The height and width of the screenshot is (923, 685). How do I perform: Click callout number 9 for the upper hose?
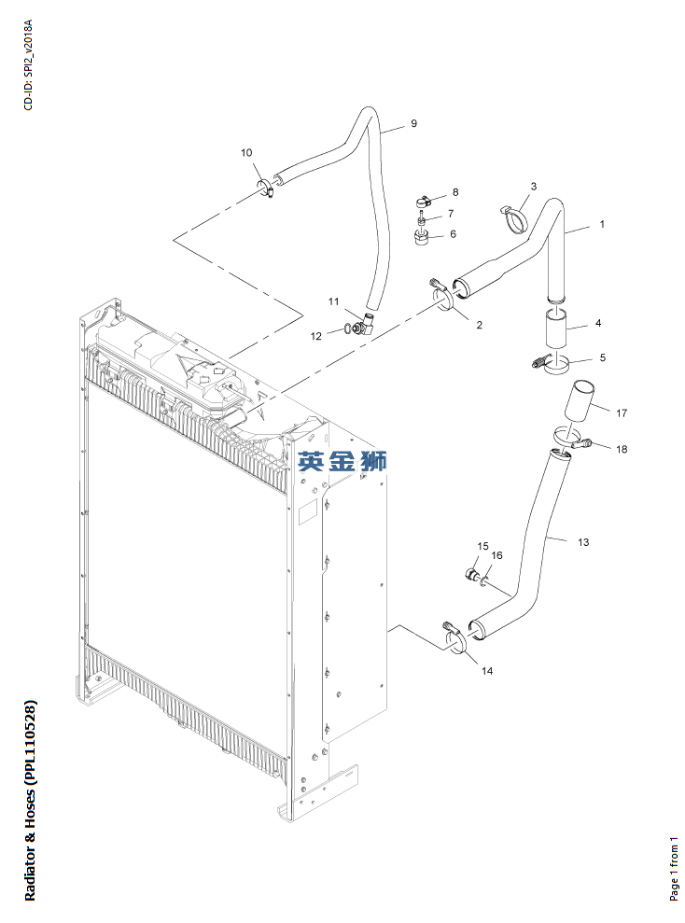click(413, 123)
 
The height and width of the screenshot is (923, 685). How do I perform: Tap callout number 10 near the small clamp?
click(246, 152)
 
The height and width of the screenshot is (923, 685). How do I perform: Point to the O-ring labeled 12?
click(348, 329)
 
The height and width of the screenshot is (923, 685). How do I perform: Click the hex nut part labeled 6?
click(421, 238)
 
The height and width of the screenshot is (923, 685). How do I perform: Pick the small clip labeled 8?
click(423, 201)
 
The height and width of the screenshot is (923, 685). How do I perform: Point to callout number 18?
click(622, 449)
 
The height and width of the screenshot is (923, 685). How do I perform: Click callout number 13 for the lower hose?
click(583, 542)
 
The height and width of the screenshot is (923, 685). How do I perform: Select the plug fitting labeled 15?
click(472, 573)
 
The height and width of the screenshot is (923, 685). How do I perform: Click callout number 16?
click(496, 555)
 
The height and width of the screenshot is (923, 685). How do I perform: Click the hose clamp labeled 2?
click(441, 296)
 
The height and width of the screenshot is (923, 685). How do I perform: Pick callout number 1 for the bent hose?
click(601, 224)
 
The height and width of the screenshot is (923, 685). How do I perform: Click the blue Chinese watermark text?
click(342, 461)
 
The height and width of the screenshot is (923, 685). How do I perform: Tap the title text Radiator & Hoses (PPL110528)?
click(30, 800)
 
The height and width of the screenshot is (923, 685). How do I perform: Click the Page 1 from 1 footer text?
click(674, 868)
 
